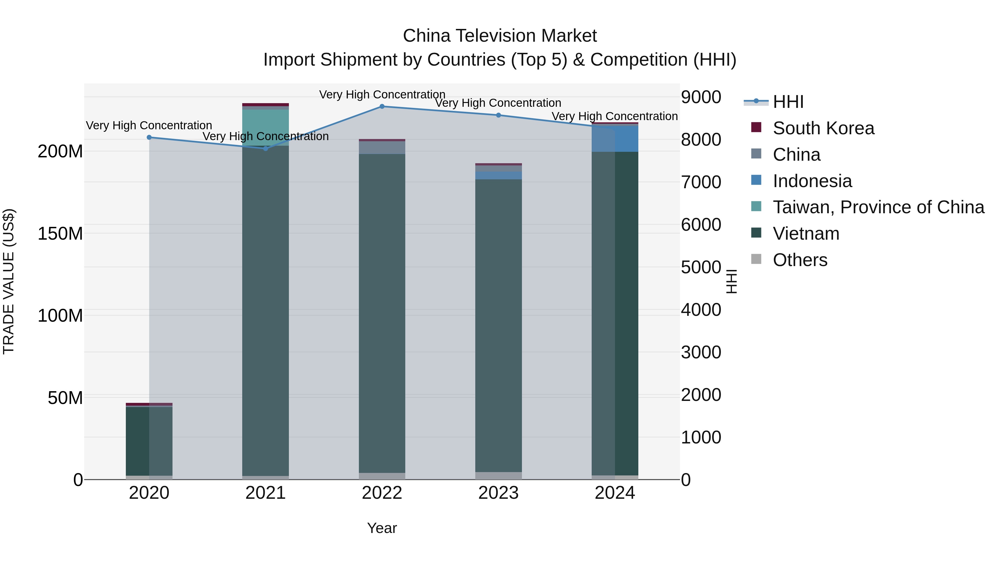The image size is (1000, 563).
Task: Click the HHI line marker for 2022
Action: [x=382, y=106]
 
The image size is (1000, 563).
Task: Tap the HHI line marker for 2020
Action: [x=149, y=137]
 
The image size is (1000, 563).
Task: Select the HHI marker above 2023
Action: [x=498, y=115]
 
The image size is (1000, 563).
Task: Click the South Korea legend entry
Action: [x=823, y=128]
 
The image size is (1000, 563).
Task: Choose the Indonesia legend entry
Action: [x=812, y=181]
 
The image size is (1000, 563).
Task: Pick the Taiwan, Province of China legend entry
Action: [x=878, y=207]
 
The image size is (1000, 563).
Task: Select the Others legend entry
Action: [x=800, y=260]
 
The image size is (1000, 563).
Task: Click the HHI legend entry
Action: [x=788, y=102]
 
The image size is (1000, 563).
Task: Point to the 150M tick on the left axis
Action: [x=60, y=234]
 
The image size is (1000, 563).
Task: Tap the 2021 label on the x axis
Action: [x=266, y=493]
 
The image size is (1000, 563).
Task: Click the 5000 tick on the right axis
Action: [x=701, y=267]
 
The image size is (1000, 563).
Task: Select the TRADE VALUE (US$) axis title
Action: [x=9, y=281]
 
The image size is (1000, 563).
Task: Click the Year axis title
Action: [x=382, y=528]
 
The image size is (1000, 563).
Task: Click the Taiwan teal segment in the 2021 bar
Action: [x=266, y=127]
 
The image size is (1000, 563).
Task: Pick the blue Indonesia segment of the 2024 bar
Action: [x=615, y=139]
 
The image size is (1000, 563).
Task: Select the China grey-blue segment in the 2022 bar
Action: [x=382, y=148]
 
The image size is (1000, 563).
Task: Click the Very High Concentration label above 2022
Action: [x=382, y=95]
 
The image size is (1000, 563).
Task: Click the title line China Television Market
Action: [x=500, y=36]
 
